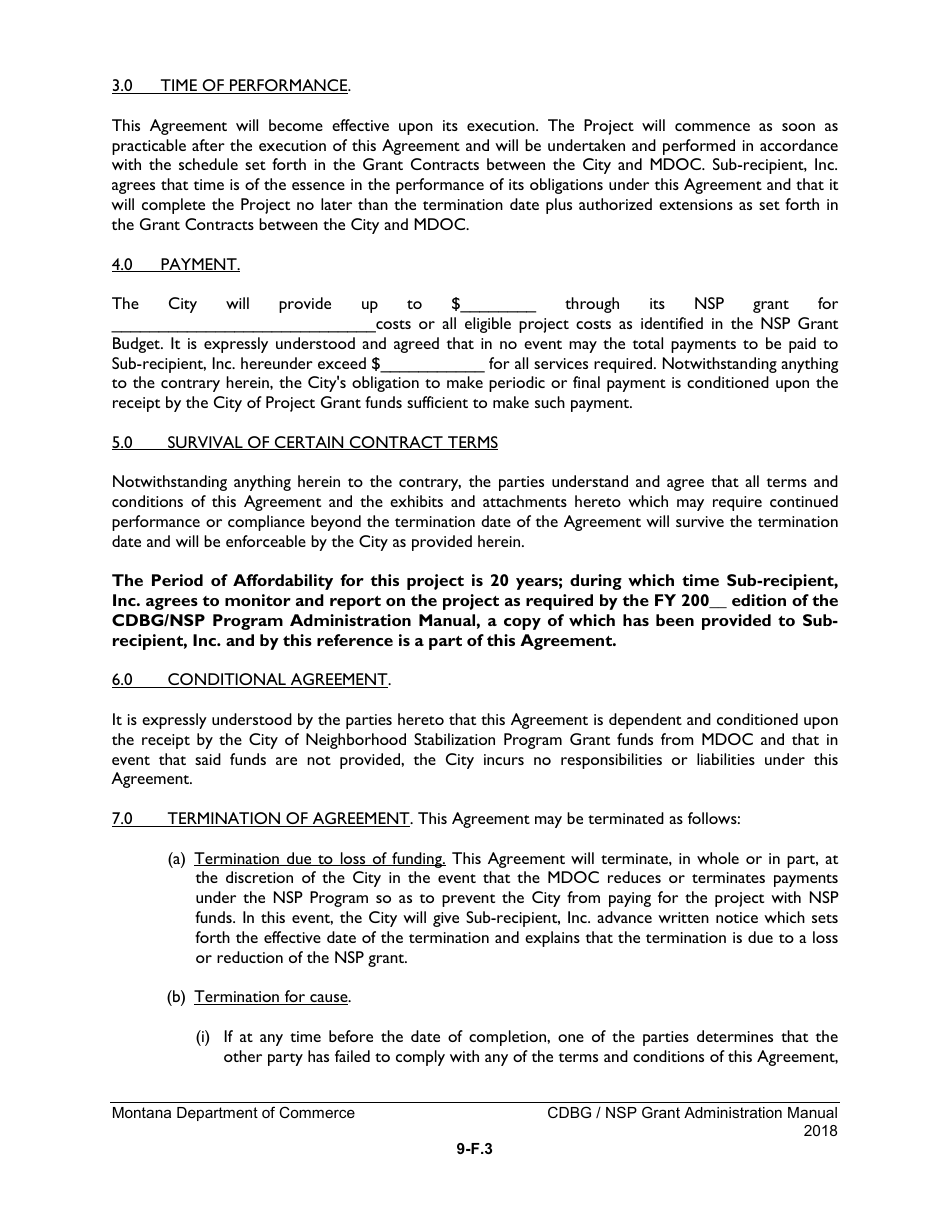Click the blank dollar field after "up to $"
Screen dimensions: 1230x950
click(498, 305)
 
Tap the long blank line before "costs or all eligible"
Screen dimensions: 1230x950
click(243, 325)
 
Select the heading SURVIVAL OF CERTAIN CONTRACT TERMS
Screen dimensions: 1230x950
click(332, 442)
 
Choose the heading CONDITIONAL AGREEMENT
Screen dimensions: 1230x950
click(277, 679)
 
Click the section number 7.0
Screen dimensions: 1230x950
click(123, 818)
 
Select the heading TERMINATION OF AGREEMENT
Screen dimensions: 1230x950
click(288, 818)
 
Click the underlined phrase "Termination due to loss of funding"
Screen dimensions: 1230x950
click(319, 858)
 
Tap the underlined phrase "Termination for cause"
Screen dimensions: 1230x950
click(271, 997)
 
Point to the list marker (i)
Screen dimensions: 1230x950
click(203, 1037)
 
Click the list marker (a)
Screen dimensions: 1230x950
click(176, 858)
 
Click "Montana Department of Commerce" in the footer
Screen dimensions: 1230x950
click(233, 1113)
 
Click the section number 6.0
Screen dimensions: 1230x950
click(123, 679)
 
